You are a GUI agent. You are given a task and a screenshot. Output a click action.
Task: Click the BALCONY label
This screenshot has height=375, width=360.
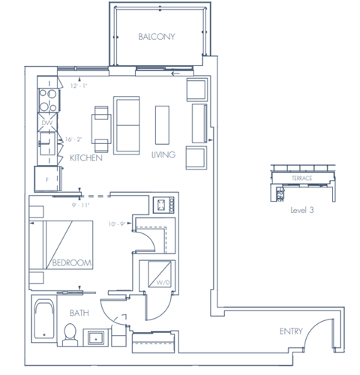point(156,37)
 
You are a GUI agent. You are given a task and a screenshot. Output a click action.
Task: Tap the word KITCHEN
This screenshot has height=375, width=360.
point(86,159)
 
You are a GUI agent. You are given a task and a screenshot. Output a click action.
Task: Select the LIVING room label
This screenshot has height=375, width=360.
point(163,155)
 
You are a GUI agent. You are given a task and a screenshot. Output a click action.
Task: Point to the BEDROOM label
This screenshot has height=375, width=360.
point(72,262)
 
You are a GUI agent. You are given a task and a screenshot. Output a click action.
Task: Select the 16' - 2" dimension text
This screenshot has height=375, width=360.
point(73,139)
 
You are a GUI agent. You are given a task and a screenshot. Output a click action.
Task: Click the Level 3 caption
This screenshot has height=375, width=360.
point(301,211)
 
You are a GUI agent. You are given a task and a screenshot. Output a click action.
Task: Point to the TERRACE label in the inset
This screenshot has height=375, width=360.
point(301,178)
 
